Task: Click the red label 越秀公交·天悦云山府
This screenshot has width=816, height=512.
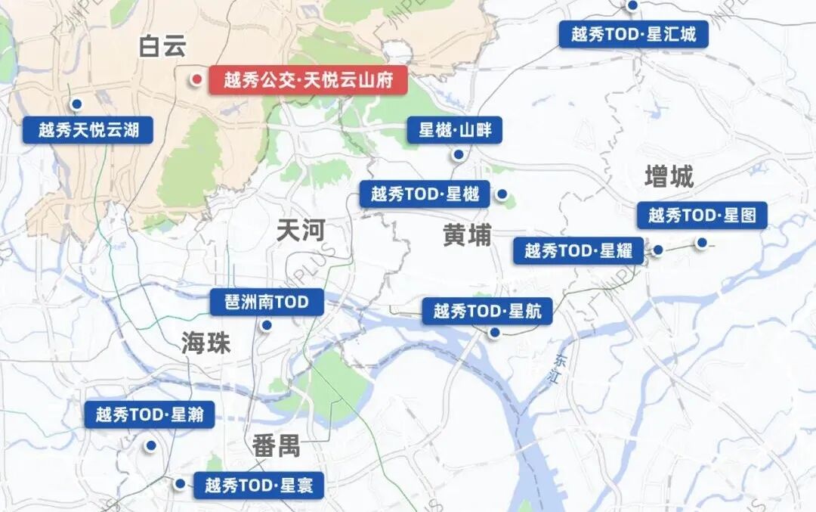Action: (x=308, y=80)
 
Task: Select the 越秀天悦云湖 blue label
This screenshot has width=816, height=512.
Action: (x=89, y=129)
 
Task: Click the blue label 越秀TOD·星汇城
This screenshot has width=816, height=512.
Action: (x=634, y=34)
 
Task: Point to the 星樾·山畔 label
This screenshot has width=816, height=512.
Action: (x=455, y=130)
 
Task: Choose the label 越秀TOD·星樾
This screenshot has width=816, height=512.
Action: (x=425, y=194)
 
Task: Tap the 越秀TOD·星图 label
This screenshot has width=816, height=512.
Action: (x=702, y=216)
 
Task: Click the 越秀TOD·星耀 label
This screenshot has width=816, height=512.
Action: (x=579, y=250)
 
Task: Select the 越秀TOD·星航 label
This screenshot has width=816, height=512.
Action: (x=487, y=311)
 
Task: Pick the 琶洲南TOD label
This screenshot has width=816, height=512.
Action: (x=267, y=303)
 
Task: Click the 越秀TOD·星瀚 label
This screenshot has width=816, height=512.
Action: (x=150, y=414)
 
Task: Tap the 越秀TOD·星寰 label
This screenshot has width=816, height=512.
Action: (x=259, y=485)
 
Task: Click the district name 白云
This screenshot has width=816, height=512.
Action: (x=162, y=47)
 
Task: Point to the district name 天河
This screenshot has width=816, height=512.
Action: (x=300, y=231)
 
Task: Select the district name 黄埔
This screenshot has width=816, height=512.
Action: (x=467, y=236)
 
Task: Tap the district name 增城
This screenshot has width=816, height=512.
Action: (x=669, y=178)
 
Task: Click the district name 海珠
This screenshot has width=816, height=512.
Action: (x=206, y=343)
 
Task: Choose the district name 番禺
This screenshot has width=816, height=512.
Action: (x=276, y=446)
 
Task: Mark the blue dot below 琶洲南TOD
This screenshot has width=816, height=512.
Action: (x=266, y=326)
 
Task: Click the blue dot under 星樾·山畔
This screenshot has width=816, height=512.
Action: (x=458, y=154)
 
